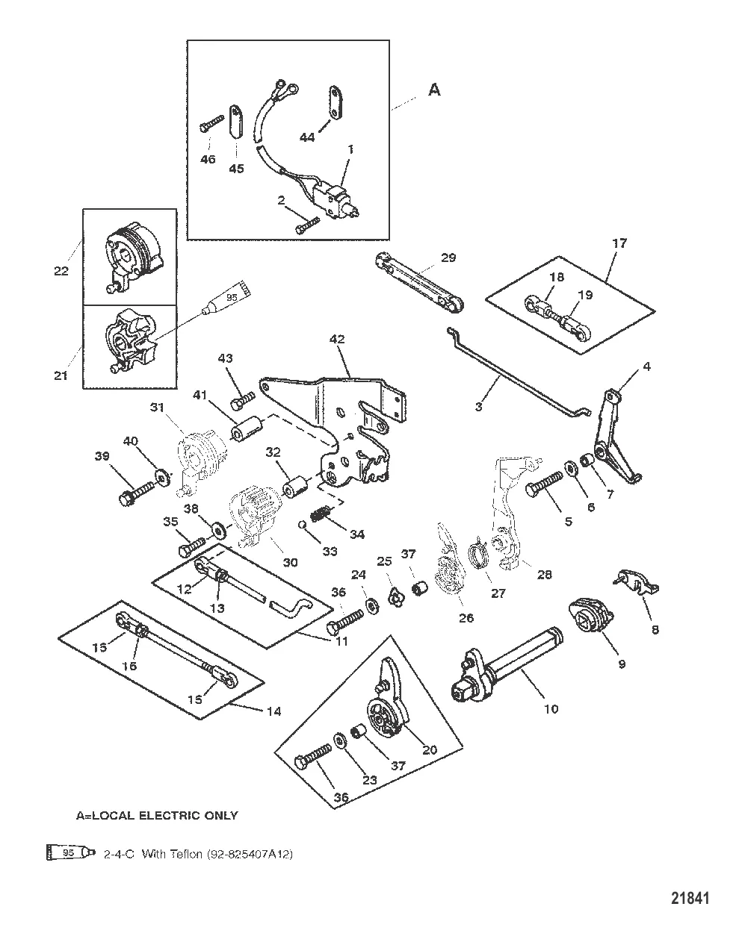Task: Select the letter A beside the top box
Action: (x=434, y=90)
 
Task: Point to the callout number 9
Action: (x=621, y=663)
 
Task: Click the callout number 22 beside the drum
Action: (x=61, y=271)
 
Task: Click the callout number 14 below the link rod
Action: (x=273, y=711)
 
